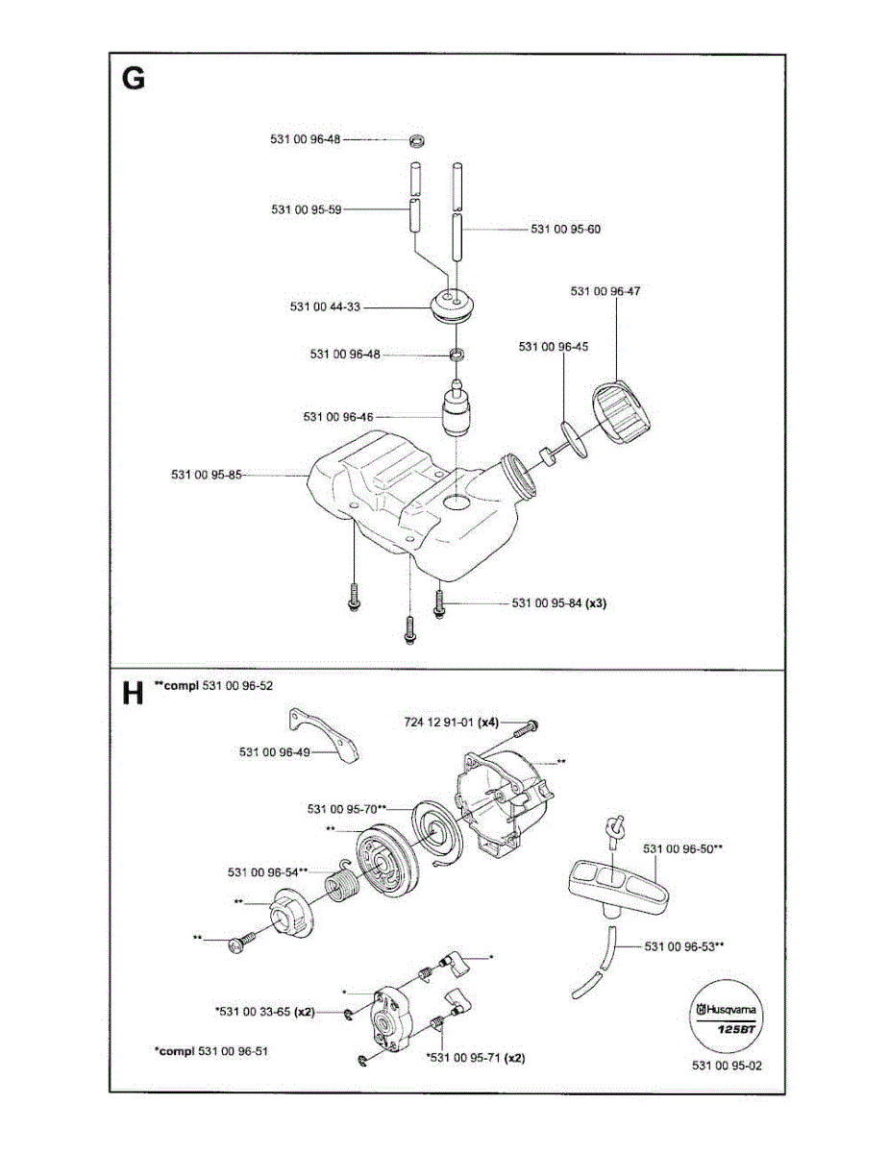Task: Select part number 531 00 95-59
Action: point(307,209)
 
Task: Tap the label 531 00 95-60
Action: point(566,229)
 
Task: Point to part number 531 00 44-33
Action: point(325,307)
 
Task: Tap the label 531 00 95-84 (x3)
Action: point(559,603)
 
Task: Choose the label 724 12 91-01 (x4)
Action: point(452,722)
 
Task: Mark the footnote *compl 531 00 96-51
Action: point(210,1051)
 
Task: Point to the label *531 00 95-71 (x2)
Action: point(475,1058)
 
